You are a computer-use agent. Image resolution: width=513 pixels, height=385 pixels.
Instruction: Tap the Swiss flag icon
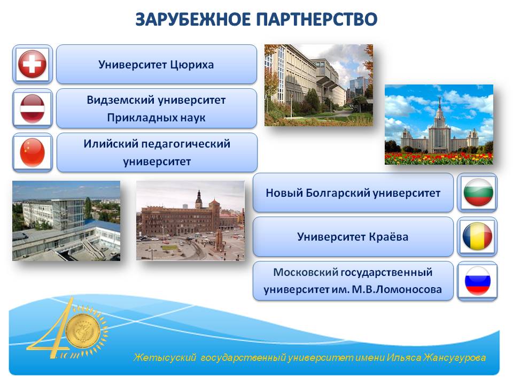coord(33,64)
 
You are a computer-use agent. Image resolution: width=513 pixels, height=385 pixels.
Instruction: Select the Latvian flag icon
coord(33,109)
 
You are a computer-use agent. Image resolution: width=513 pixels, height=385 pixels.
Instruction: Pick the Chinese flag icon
coord(33,153)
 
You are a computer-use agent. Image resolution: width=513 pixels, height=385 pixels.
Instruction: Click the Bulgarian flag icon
coord(477,192)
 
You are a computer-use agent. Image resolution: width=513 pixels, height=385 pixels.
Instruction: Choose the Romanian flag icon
coord(477,236)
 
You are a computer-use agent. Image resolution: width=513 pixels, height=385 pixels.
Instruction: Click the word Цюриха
coord(192,65)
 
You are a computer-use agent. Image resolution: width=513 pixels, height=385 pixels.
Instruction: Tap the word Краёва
coord(388,237)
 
